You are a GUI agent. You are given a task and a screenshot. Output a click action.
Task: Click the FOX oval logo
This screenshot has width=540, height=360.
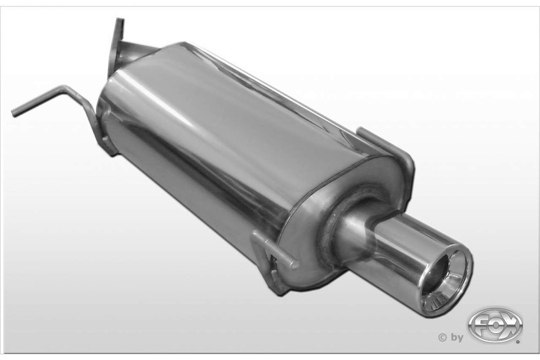tap(495, 325)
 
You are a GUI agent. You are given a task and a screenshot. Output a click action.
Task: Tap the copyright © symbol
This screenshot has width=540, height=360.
tap(443, 337)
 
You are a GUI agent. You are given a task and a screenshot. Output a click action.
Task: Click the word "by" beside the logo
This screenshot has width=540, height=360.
tap(457, 337)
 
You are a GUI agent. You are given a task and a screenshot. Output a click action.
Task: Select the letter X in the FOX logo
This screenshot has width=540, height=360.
tap(510, 325)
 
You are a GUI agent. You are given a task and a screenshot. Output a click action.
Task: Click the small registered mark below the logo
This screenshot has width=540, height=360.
tap(518, 340)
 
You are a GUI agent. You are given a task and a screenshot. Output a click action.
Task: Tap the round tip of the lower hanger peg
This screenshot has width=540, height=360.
tap(293, 265)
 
